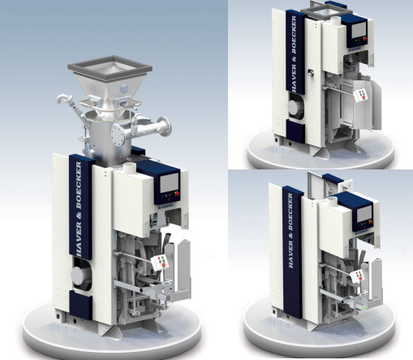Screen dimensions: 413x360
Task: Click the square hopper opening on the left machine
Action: (x=110, y=67)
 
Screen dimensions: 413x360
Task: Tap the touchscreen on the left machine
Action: (x=170, y=182)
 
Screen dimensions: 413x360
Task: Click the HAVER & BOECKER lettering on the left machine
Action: (x=80, y=209)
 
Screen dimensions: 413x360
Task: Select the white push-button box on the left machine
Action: (x=161, y=262)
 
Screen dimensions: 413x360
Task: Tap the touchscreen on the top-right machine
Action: (x=359, y=29)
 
